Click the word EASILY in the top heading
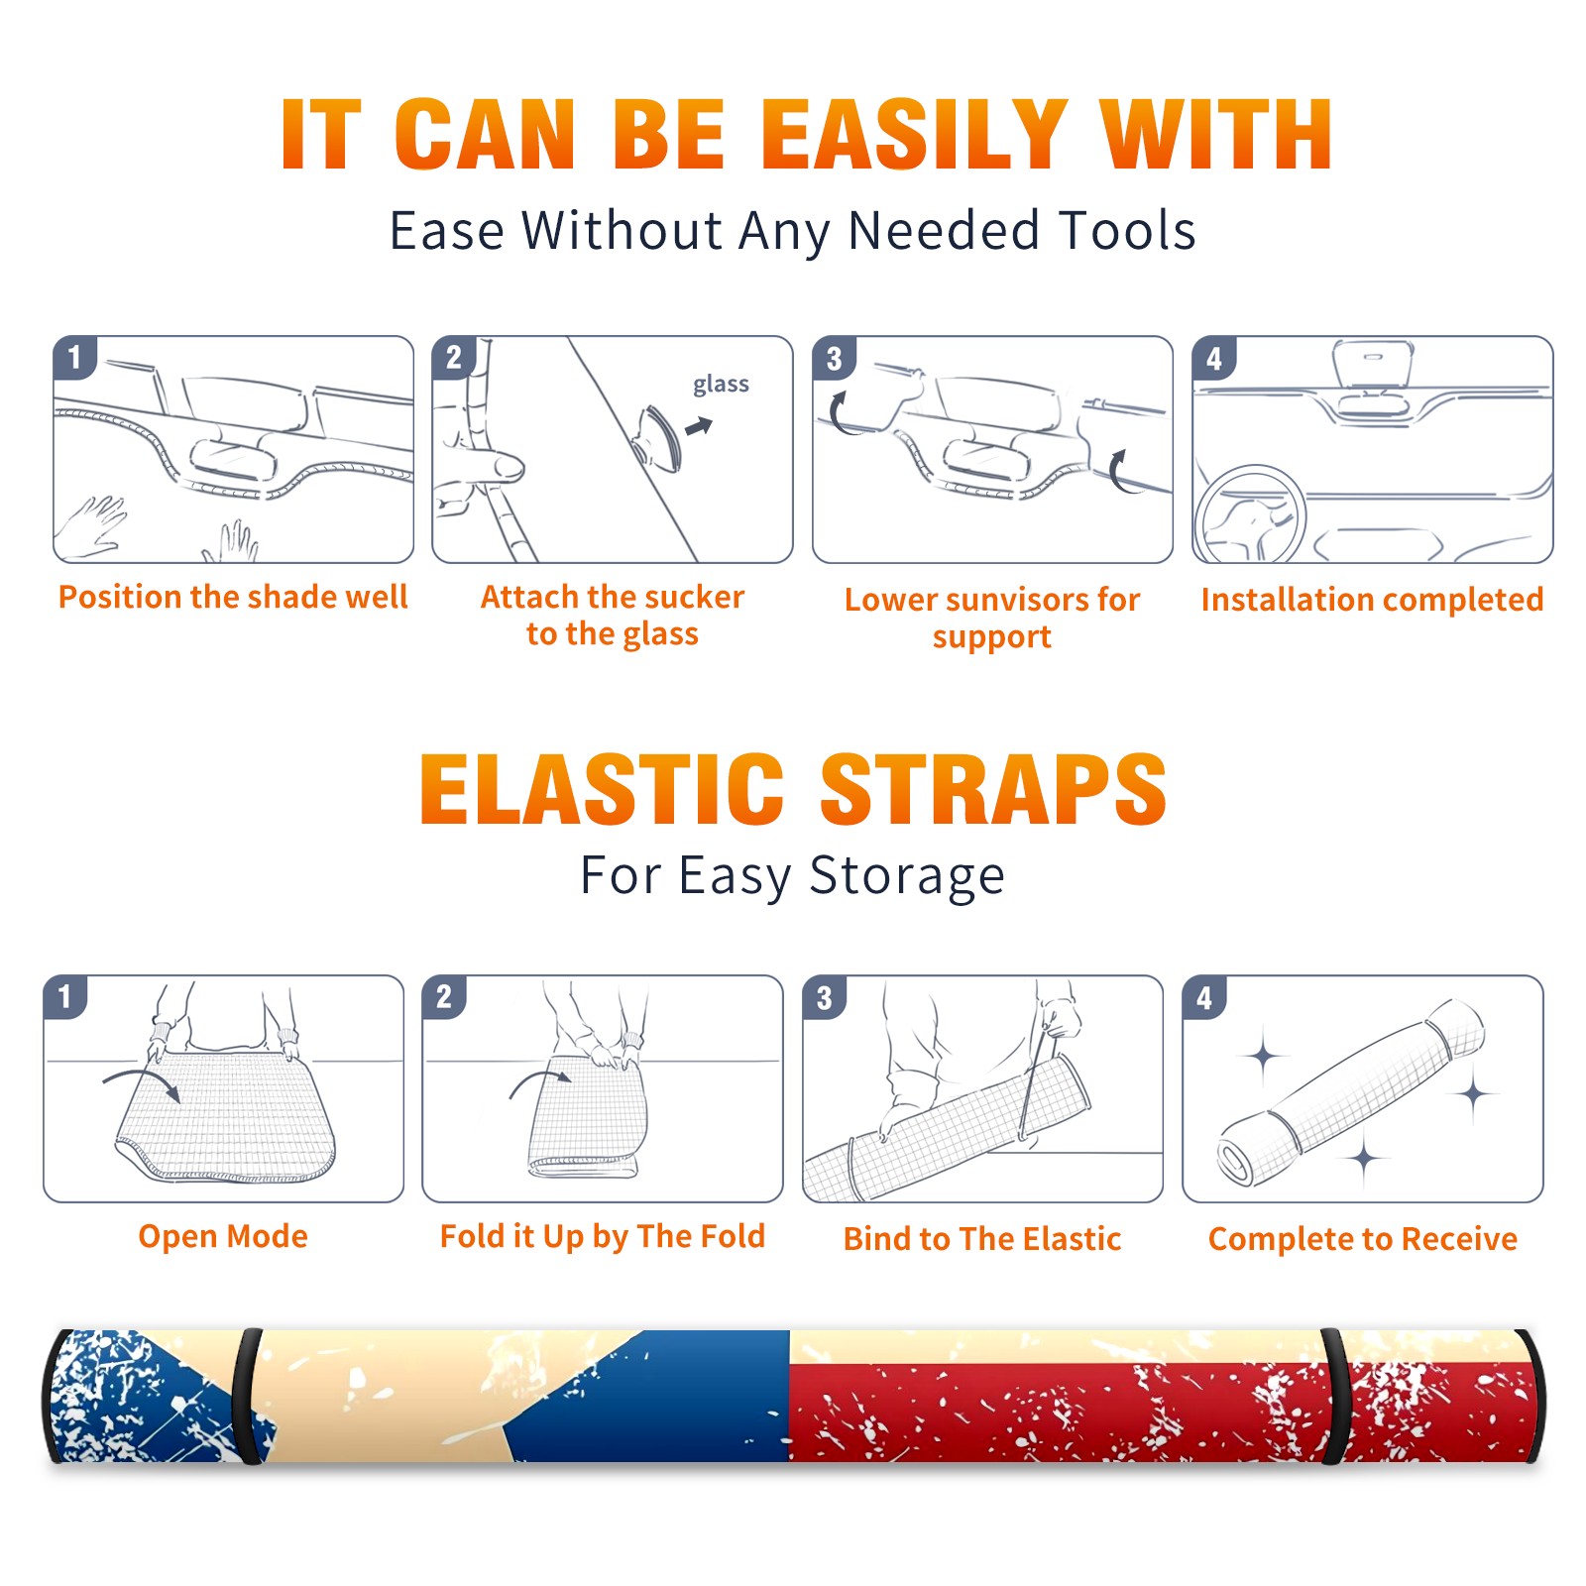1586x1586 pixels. (914, 135)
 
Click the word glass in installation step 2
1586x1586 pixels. (721, 385)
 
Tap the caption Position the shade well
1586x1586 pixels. (233, 597)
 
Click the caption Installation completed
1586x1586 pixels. (1372, 600)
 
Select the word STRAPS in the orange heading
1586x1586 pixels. (993, 789)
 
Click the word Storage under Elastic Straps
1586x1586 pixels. (907, 876)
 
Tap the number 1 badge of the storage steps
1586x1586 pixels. (65, 997)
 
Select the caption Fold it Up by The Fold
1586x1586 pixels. (603, 1236)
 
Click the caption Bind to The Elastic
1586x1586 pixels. (982, 1239)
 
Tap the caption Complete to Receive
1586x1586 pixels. (1363, 1239)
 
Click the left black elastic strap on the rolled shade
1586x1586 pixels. (248, 1396)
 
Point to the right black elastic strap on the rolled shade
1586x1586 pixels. (1336, 1396)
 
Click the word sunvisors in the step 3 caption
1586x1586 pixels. (1018, 600)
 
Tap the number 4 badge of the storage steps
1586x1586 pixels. (1204, 997)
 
